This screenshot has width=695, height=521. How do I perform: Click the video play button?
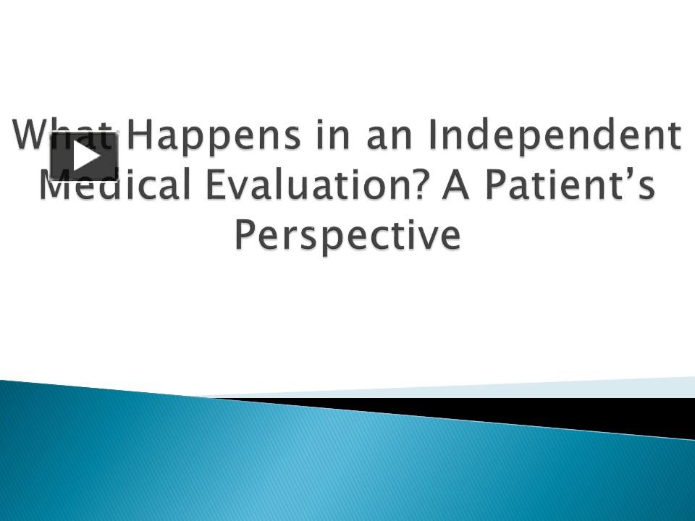pos(84,156)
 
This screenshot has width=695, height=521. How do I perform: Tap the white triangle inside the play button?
pos(86,156)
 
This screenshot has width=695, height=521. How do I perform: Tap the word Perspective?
pos(347,236)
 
